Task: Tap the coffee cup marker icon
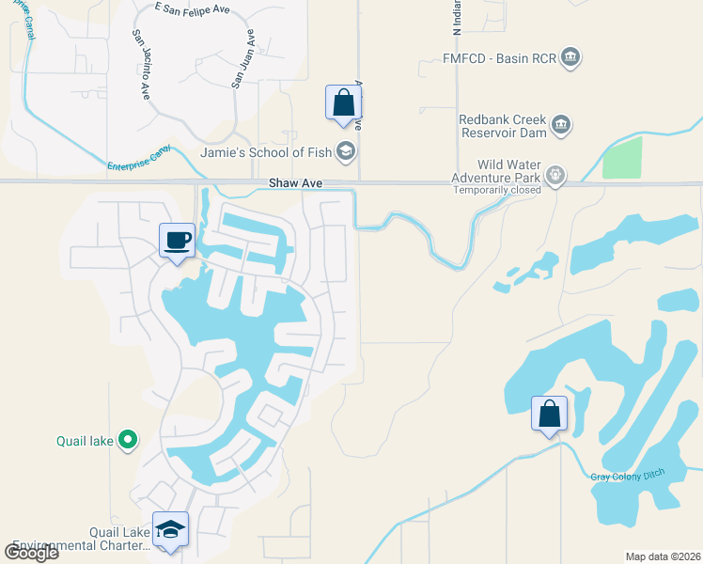(x=177, y=241)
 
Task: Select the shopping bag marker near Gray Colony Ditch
(x=549, y=414)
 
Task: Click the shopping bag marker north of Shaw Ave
(x=343, y=102)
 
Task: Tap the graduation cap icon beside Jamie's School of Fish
(x=346, y=151)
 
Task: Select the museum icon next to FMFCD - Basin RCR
(x=570, y=59)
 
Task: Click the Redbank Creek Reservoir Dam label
(x=502, y=125)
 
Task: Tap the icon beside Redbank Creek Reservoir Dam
(x=561, y=124)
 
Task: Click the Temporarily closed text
(x=496, y=190)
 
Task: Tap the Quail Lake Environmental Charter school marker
(x=170, y=530)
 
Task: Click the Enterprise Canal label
(x=141, y=158)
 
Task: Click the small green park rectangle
(x=621, y=158)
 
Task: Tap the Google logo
(x=31, y=552)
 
